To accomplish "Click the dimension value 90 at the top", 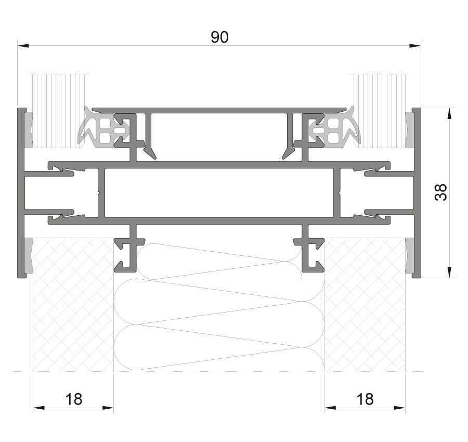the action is pos(219,37).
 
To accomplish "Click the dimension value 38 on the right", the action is pos(441,192).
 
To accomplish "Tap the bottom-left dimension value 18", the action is pos(73,399).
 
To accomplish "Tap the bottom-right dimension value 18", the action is pos(365,399).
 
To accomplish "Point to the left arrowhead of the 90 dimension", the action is pos(23,46).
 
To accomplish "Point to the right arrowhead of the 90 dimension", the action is pos(415,46).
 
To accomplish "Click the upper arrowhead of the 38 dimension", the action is pos(449,114).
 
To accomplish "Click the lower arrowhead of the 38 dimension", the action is pos(449,272).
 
